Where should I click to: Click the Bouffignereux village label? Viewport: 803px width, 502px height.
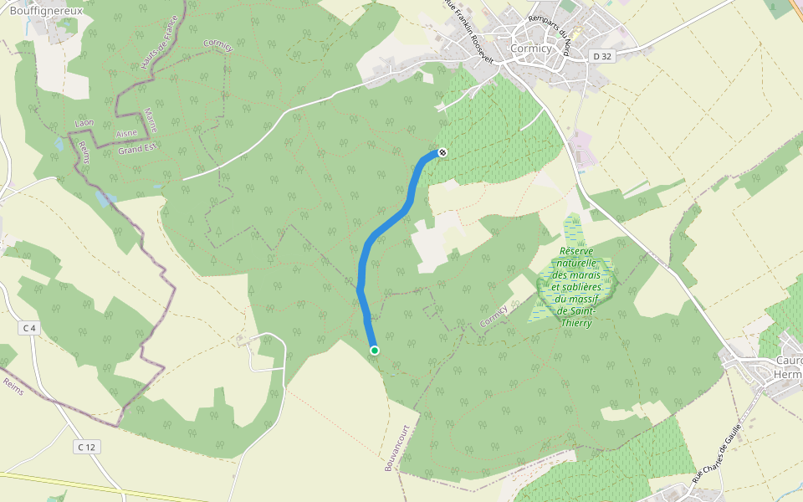click(46, 9)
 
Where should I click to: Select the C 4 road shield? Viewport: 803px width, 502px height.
click(30, 328)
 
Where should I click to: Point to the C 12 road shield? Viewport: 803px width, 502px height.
click(86, 447)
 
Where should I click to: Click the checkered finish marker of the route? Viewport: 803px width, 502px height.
click(442, 152)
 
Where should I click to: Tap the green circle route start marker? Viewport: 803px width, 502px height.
click(375, 351)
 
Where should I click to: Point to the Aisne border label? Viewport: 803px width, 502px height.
click(126, 134)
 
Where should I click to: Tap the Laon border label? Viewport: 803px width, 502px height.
click(84, 123)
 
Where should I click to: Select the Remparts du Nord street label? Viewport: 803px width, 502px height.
click(550, 35)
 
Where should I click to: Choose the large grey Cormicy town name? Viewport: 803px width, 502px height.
click(530, 49)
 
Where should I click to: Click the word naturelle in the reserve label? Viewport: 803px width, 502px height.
click(575, 263)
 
